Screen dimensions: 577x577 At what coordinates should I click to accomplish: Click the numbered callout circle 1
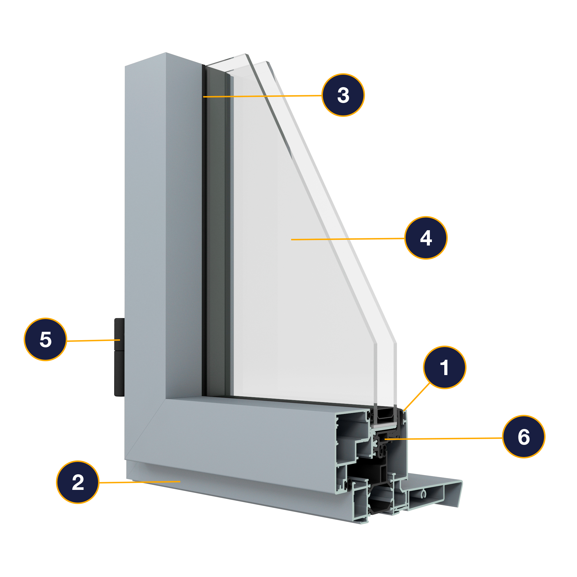[444, 367]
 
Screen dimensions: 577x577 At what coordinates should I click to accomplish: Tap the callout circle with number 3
[343, 95]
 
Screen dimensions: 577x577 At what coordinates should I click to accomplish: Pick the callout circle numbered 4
[426, 238]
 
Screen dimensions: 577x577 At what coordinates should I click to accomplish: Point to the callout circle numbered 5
[45, 339]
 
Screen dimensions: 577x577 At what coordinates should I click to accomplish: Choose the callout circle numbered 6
[524, 436]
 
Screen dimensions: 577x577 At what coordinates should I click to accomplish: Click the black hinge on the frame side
[119, 357]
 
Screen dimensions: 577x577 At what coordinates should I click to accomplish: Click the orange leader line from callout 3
[263, 96]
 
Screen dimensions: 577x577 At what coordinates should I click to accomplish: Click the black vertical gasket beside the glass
[204, 230]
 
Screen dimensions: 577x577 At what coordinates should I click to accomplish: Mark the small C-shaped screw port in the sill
[423, 494]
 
